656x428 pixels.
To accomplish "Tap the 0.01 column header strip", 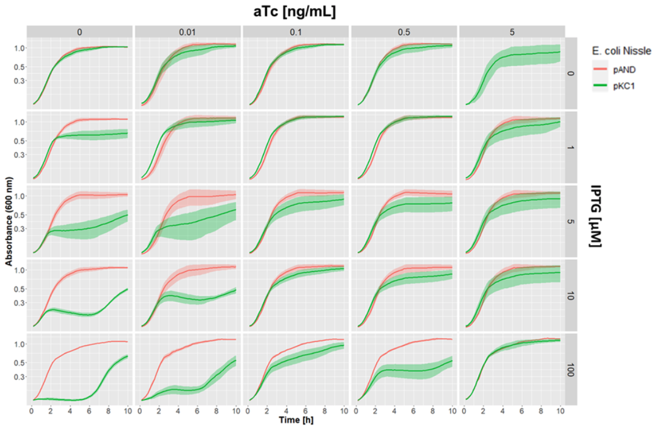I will tap(188, 32).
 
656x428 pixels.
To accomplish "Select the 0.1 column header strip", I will tap(296, 32).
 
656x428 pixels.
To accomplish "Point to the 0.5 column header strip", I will tap(404, 32).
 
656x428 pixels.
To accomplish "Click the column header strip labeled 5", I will tap(512, 32).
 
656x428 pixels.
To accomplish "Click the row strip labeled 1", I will tap(571, 147).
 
